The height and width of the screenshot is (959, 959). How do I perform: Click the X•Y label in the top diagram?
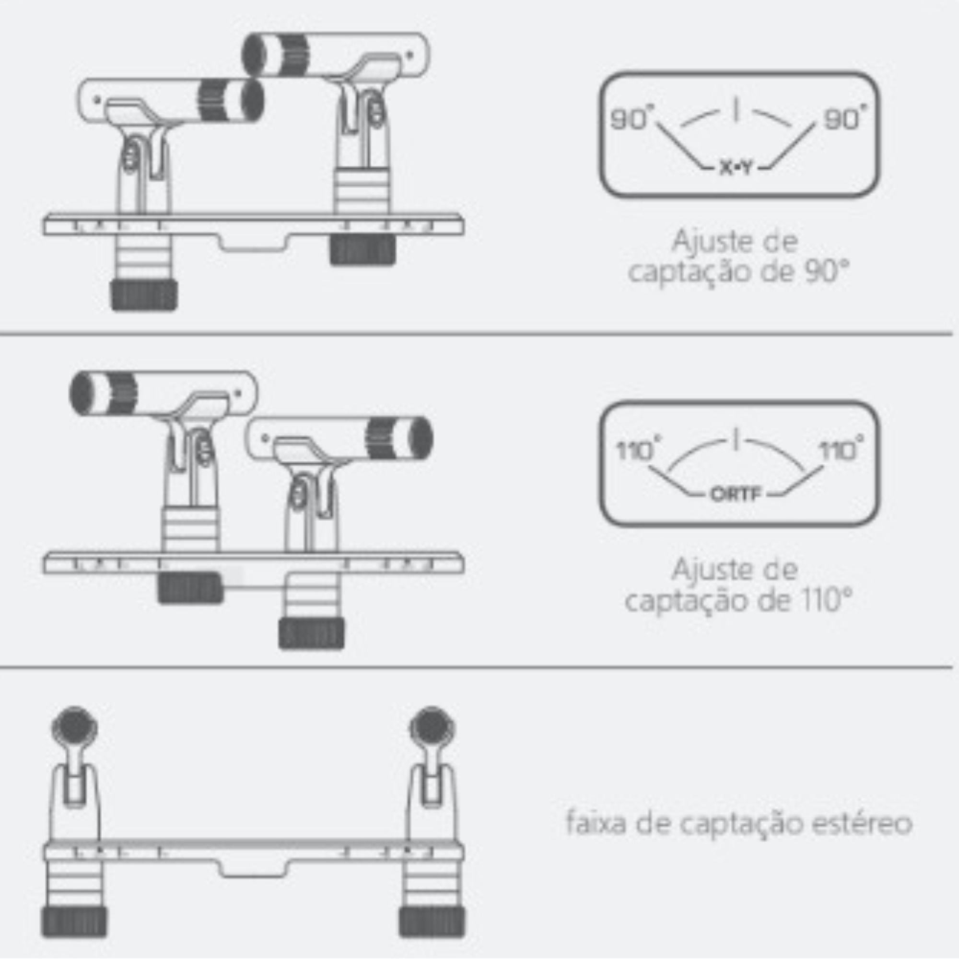pos(736,169)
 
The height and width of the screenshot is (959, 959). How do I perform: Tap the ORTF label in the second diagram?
pos(736,494)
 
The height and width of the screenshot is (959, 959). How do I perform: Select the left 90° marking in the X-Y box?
pos(630,119)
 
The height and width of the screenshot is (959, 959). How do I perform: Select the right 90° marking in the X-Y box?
pos(842,119)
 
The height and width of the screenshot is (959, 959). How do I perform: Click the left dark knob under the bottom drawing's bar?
pos(74,922)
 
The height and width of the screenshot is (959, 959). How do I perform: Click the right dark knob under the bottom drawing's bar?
pos(432,922)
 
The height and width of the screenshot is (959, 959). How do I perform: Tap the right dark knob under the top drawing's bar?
pos(363,250)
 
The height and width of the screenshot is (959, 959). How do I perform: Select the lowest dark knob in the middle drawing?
pos(311,633)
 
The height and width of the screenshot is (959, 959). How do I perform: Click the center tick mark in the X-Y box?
pos(736,110)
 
